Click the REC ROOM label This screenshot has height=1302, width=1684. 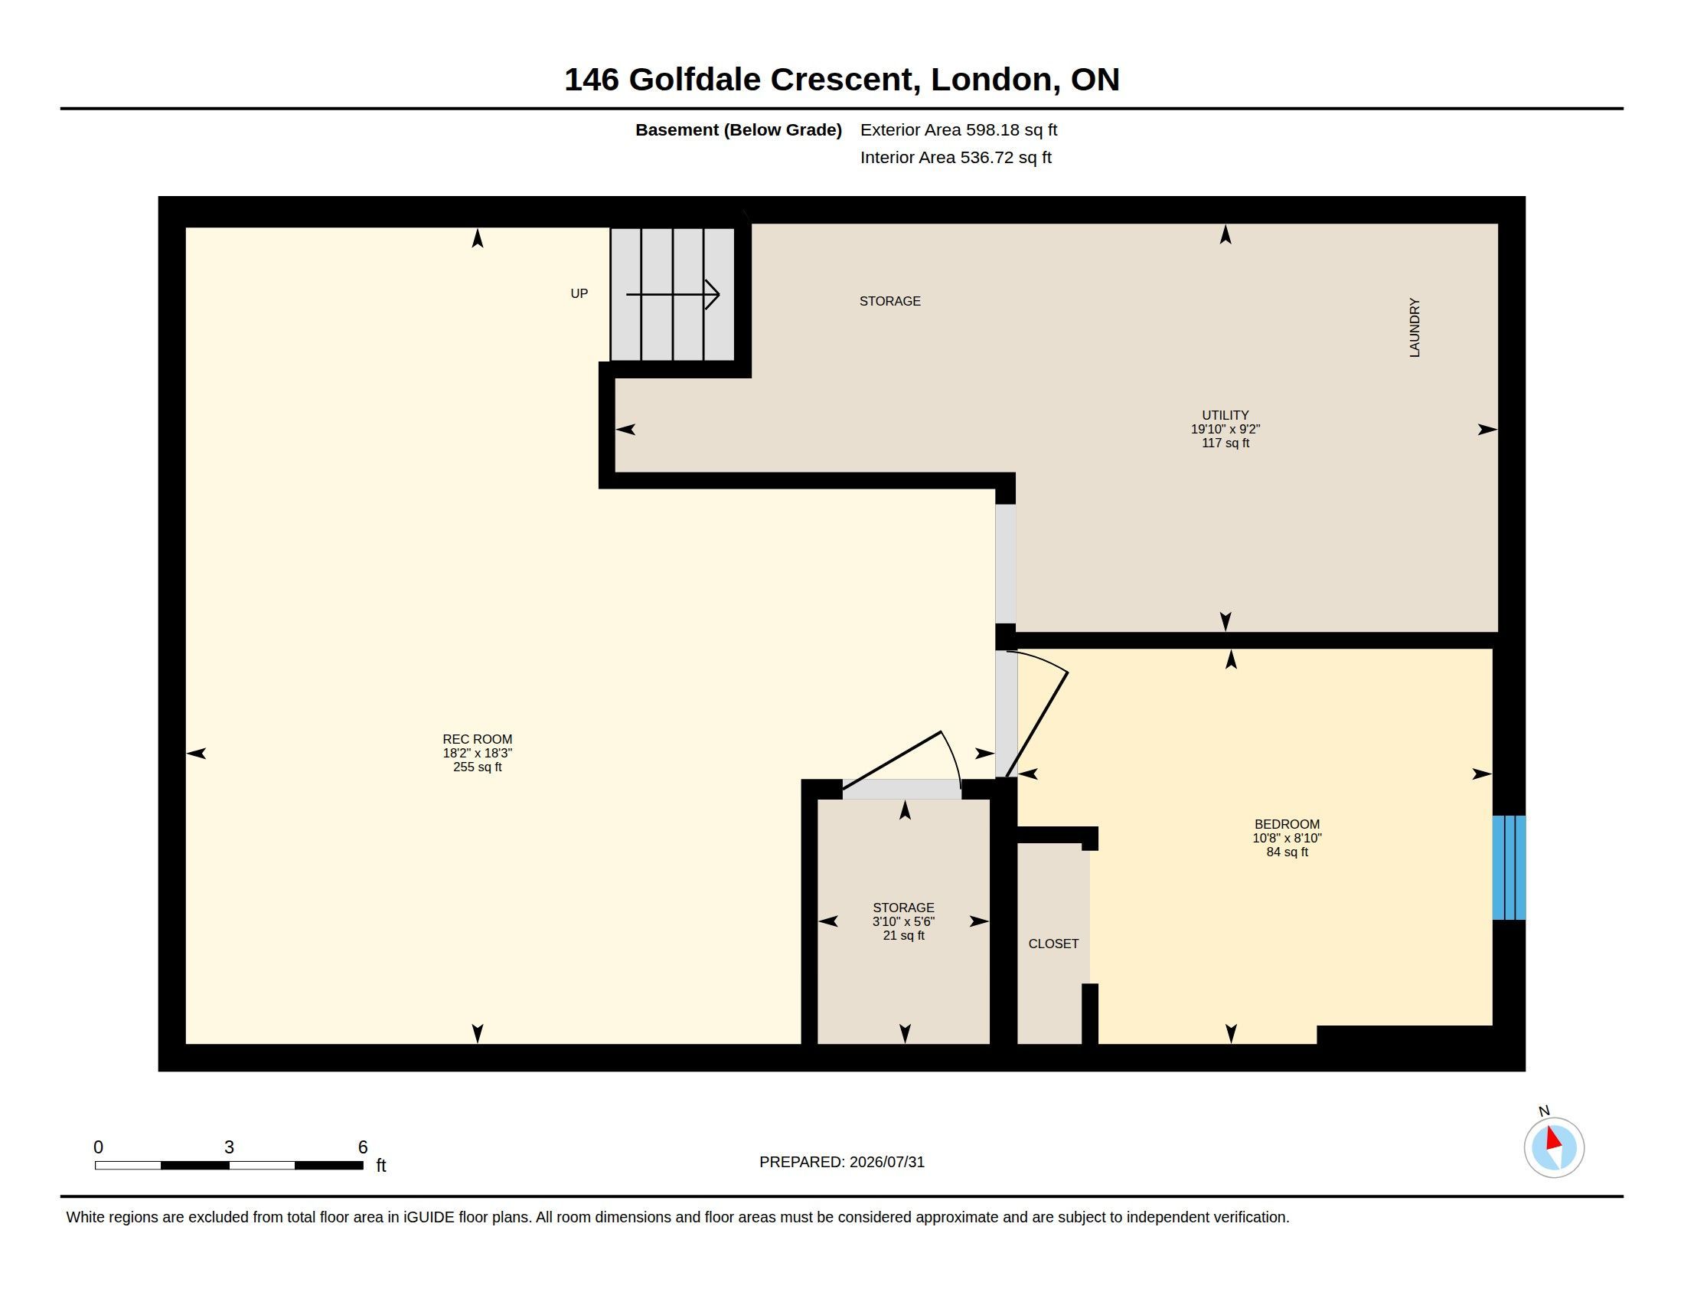478,739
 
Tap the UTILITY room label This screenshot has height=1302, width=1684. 1225,415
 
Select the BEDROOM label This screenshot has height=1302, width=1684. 1287,824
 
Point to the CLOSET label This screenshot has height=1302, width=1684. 1053,944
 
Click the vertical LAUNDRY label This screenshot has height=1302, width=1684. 1414,327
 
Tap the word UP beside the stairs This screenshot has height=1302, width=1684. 579,293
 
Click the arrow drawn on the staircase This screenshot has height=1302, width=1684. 672,294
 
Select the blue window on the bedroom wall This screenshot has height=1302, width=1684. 1509,868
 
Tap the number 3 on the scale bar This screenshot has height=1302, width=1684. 229,1147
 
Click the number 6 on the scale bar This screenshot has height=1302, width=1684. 363,1147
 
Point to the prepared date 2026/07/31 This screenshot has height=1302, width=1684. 886,1162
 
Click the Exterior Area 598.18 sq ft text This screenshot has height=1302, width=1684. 958,129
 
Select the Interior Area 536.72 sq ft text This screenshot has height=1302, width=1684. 955,157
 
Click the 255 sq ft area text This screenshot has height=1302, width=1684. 478,767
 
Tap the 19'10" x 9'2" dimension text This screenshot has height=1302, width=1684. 1225,429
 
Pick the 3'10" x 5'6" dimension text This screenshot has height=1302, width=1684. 904,921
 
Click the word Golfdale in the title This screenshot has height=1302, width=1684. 695,80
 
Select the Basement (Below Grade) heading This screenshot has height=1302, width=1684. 738,129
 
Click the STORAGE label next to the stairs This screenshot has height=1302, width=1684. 889,301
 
